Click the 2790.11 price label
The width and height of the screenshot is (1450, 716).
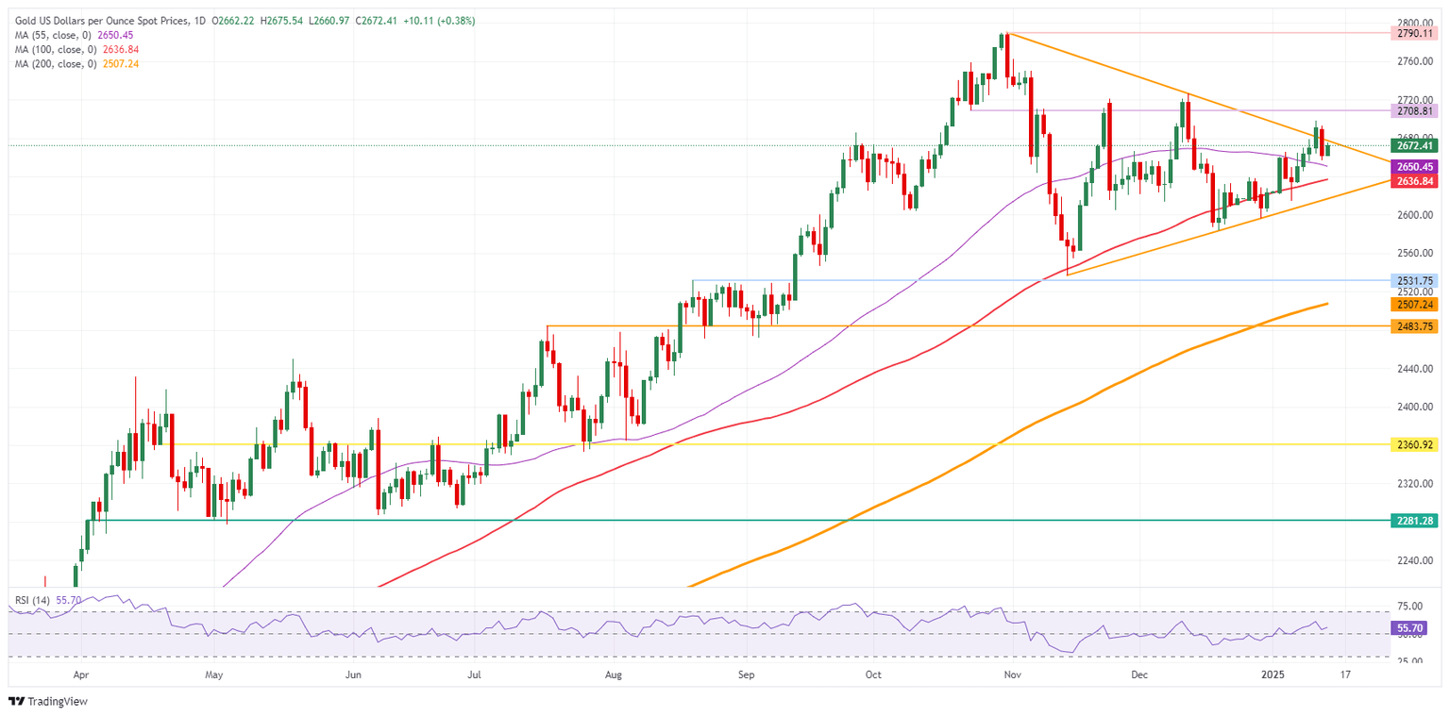coord(1414,33)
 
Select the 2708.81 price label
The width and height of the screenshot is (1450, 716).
coord(1414,110)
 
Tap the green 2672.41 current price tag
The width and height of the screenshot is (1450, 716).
coord(1414,145)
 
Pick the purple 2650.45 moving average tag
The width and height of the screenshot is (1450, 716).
coord(1414,166)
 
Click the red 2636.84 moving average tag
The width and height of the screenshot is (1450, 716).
coord(1414,181)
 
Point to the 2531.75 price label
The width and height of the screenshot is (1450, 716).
coord(1414,280)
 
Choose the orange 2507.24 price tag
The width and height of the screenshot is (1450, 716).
coord(1414,305)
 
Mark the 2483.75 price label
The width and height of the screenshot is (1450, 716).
coord(1414,325)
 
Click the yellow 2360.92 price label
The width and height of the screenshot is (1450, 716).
coord(1414,443)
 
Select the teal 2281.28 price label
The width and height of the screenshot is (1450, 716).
coord(1414,520)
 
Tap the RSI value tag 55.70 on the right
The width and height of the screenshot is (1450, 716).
coord(1414,626)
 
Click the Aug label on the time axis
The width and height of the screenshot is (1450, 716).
coord(613,675)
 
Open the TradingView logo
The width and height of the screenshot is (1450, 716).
coord(46,702)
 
